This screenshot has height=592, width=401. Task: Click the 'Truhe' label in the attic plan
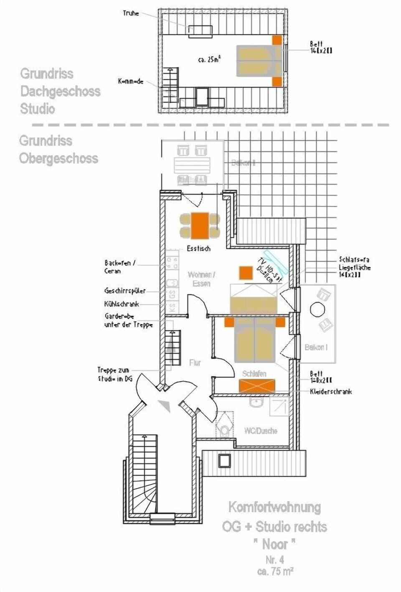click(x=130, y=13)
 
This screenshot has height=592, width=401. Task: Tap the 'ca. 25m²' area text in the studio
click(x=209, y=60)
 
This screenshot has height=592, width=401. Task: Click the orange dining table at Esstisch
click(x=200, y=225)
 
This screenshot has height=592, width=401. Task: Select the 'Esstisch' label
click(x=198, y=249)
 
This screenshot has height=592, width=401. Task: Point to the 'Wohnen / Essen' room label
click(x=201, y=279)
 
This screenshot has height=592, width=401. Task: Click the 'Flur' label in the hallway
click(x=195, y=363)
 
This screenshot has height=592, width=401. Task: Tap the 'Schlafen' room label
click(x=254, y=374)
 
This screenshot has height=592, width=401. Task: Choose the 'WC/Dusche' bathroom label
click(x=261, y=430)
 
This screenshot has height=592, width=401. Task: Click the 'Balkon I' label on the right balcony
click(x=316, y=347)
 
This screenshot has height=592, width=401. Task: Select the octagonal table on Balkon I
click(x=317, y=310)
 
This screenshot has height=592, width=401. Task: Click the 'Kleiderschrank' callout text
click(x=331, y=392)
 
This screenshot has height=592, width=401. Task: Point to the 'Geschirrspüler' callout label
click(x=125, y=291)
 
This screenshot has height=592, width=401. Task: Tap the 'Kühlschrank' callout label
click(x=122, y=304)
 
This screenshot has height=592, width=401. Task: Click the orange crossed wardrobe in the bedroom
click(x=257, y=385)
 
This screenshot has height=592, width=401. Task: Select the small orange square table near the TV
click(x=246, y=273)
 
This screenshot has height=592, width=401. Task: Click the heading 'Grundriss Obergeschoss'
click(x=58, y=149)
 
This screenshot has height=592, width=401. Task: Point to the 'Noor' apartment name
click(x=274, y=544)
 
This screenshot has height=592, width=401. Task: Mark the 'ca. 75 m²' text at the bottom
click(x=275, y=571)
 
